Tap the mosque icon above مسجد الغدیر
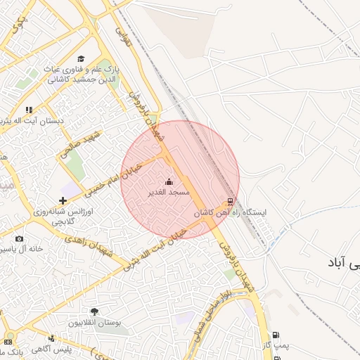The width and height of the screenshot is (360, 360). (x=169, y=182)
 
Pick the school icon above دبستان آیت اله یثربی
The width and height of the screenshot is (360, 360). (x=29, y=110)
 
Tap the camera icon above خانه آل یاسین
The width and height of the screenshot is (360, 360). (x=19, y=239)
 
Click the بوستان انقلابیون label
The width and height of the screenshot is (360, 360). (x=94, y=322)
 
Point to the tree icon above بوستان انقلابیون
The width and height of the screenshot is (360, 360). (x=94, y=311)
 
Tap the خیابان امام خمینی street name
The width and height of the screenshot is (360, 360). (x=113, y=178)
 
